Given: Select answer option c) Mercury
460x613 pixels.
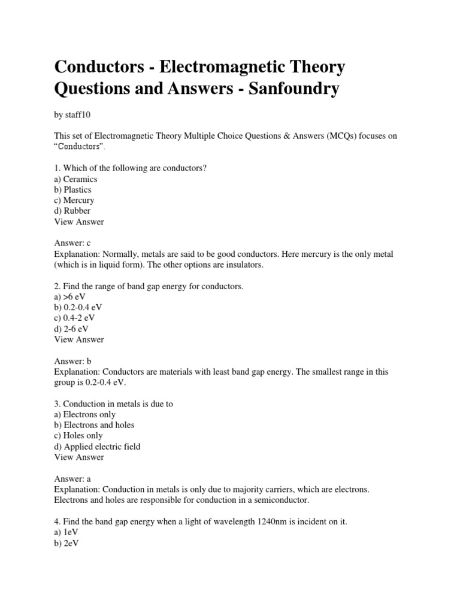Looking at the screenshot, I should pos(74,201).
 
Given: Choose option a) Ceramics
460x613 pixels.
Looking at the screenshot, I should pos(75,179).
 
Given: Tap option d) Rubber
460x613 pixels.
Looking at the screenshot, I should pos(72,211).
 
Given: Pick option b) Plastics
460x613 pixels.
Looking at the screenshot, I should pos(73,190).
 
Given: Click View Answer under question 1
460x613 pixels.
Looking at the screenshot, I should pos(79,221).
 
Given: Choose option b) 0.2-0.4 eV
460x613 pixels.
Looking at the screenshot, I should pos(78,308).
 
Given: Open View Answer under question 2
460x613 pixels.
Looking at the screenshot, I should pos(79,339).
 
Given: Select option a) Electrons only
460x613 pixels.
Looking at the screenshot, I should pos(85,414).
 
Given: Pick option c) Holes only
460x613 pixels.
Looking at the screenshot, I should pos(78,436).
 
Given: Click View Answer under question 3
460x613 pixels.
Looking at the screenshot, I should pos(79,457).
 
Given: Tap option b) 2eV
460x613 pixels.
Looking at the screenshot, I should pos(67,544).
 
